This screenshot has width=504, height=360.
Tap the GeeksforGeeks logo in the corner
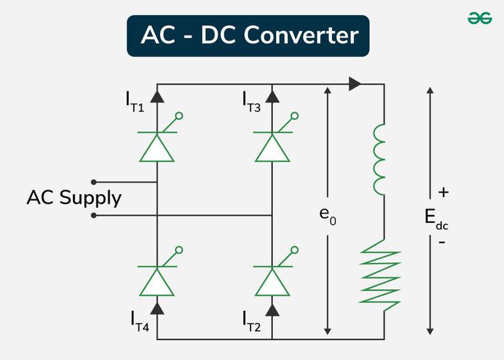tap(480, 19)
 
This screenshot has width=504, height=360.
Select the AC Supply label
tap(73, 197)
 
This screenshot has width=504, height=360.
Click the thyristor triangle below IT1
tap(157, 148)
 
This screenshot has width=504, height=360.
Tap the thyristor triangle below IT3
tap(272, 148)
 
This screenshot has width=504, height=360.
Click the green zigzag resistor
tap(379, 271)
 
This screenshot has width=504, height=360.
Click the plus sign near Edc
tap(444, 193)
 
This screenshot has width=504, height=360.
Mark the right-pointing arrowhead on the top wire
tap(355, 84)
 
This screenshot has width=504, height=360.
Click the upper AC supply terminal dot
tap(94, 182)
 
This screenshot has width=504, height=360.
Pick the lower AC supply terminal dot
tap(94, 214)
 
